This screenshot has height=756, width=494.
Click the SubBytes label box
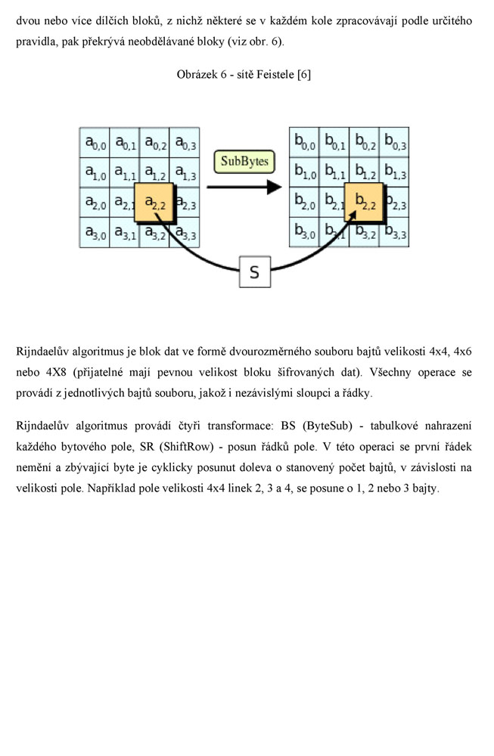click(x=244, y=162)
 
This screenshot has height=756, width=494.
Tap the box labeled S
click(x=254, y=271)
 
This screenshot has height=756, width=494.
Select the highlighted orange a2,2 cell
click(x=155, y=203)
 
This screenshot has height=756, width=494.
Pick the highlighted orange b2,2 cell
click(x=365, y=203)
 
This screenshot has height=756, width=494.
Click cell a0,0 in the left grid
click(x=95, y=142)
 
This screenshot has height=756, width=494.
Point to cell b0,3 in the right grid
click(x=394, y=142)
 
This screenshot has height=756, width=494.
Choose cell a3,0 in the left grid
click(x=95, y=233)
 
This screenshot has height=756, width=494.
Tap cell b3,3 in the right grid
click(x=394, y=233)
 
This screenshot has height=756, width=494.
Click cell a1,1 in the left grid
click(x=125, y=172)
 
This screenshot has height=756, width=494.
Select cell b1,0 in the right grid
click(x=305, y=172)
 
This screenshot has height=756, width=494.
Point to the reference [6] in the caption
click(x=303, y=75)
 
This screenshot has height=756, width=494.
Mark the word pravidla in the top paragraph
click(x=36, y=40)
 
